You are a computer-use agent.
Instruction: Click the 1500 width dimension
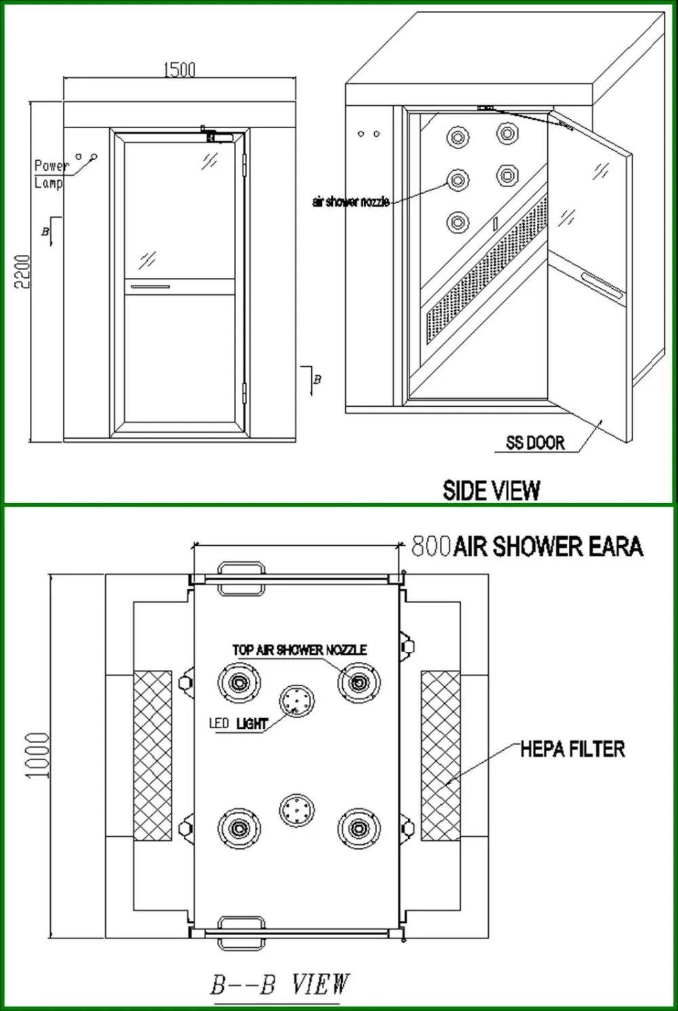tap(179, 69)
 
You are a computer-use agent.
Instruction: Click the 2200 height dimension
tap(22, 271)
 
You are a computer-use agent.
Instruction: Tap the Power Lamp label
tap(50, 174)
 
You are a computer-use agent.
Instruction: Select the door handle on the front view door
tap(151, 287)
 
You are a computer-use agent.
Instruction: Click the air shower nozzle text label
tap(351, 201)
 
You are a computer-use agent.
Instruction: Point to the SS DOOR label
tap(535, 443)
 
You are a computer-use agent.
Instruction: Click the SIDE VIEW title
tap(492, 490)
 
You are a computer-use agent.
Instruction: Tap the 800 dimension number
tap(431, 546)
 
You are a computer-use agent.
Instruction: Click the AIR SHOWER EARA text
tap(548, 547)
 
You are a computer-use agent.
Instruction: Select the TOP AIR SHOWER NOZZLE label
tap(299, 650)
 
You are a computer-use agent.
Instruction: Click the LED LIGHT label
tap(238, 723)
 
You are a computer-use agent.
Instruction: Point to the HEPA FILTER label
tap(572, 749)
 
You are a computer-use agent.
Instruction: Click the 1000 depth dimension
tap(37, 755)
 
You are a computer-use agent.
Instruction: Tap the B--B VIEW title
tap(279, 984)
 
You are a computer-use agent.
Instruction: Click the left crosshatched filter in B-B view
tap(153, 755)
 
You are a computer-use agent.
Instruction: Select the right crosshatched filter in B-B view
tap(440, 755)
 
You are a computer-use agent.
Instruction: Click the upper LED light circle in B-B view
tap(297, 700)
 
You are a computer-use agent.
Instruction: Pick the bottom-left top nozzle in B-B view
tap(239, 828)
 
